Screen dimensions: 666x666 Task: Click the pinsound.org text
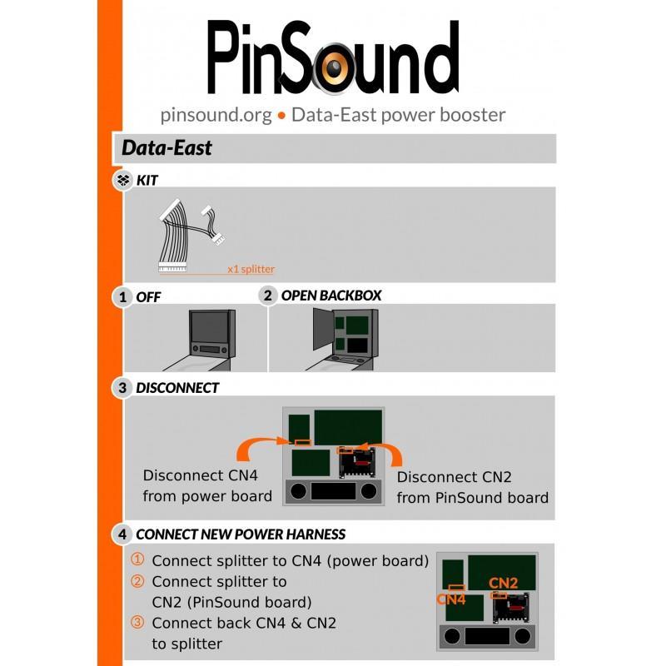click(216, 115)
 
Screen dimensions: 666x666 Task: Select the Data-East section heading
click(166, 148)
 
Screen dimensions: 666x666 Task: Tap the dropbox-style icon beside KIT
click(123, 180)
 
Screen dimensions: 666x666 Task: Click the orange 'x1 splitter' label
click(251, 269)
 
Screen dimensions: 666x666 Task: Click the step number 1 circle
click(123, 296)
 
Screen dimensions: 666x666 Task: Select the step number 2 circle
click(267, 296)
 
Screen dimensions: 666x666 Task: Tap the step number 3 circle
click(123, 388)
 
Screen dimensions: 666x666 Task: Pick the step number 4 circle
click(123, 534)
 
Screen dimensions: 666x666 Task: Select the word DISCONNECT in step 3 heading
click(177, 388)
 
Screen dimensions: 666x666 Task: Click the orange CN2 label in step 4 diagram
click(503, 583)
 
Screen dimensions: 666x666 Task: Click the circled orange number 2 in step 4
click(138, 581)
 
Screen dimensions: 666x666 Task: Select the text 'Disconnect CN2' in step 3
click(454, 477)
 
